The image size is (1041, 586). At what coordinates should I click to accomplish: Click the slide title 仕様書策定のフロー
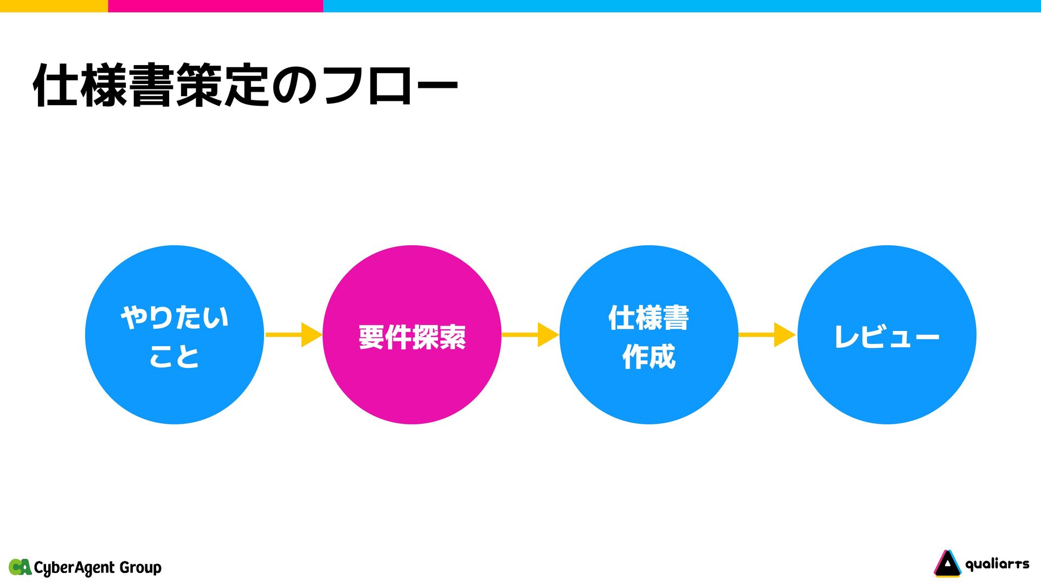click(246, 86)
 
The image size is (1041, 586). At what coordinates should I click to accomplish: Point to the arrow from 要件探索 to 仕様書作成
click(530, 335)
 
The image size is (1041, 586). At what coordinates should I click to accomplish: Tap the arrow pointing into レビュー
click(767, 335)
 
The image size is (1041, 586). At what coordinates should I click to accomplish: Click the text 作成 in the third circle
click(649, 356)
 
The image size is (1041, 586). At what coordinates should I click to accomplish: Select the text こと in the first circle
click(175, 356)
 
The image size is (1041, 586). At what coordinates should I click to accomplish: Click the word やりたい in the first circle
click(175, 317)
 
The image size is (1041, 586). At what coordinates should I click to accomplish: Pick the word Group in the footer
click(140, 568)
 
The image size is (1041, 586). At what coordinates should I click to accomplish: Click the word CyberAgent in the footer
click(74, 568)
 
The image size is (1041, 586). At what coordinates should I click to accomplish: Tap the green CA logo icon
click(20, 567)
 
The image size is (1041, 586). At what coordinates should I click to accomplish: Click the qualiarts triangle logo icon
click(947, 564)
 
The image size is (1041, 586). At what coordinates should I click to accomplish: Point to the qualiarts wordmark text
click(997, 564)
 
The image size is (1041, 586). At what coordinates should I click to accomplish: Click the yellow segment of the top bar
click(54, 5)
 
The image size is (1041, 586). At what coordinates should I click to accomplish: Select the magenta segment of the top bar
click(215, 5)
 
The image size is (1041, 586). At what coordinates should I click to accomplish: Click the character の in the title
click(293, 86)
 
